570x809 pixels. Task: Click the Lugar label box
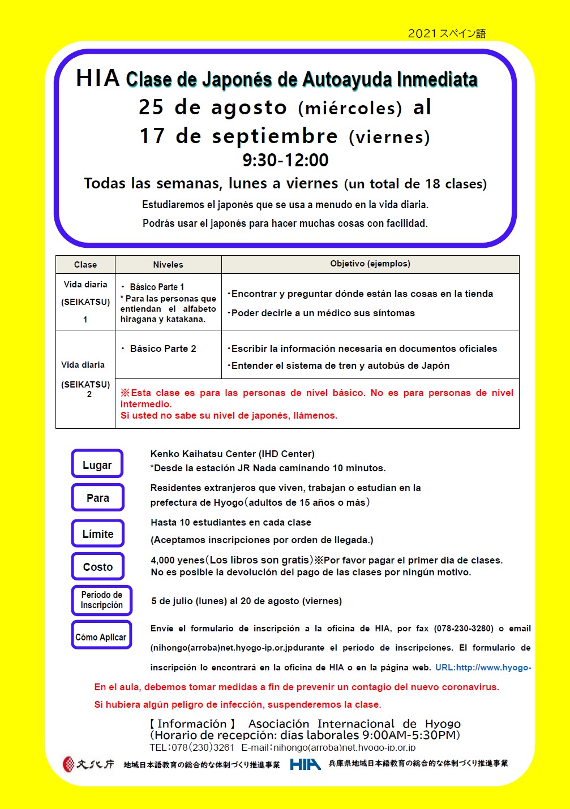pos(97,464)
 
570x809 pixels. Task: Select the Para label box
pos(97,498)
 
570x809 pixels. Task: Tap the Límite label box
pos(97,533)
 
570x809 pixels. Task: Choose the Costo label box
pos(97,566)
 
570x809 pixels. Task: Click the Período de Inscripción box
pos(101,600)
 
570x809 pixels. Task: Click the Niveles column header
pos(168,264)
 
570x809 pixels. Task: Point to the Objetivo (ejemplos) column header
pos(370,264)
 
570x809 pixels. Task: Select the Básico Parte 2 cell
pos(163,348)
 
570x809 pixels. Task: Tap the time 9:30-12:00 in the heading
pos(285,160)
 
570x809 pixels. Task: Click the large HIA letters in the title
pos(97,79)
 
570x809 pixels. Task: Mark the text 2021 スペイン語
pos(447,33)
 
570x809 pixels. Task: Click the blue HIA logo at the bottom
pos(305,764)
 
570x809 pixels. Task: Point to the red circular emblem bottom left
pos(68,764)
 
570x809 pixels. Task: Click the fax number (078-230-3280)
pos(464,628)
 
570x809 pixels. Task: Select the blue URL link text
pos(483,668)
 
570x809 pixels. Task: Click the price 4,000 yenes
pos(177,560)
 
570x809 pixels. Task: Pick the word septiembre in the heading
pos(275,136)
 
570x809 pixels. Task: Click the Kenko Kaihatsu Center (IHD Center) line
pos(232,454)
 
